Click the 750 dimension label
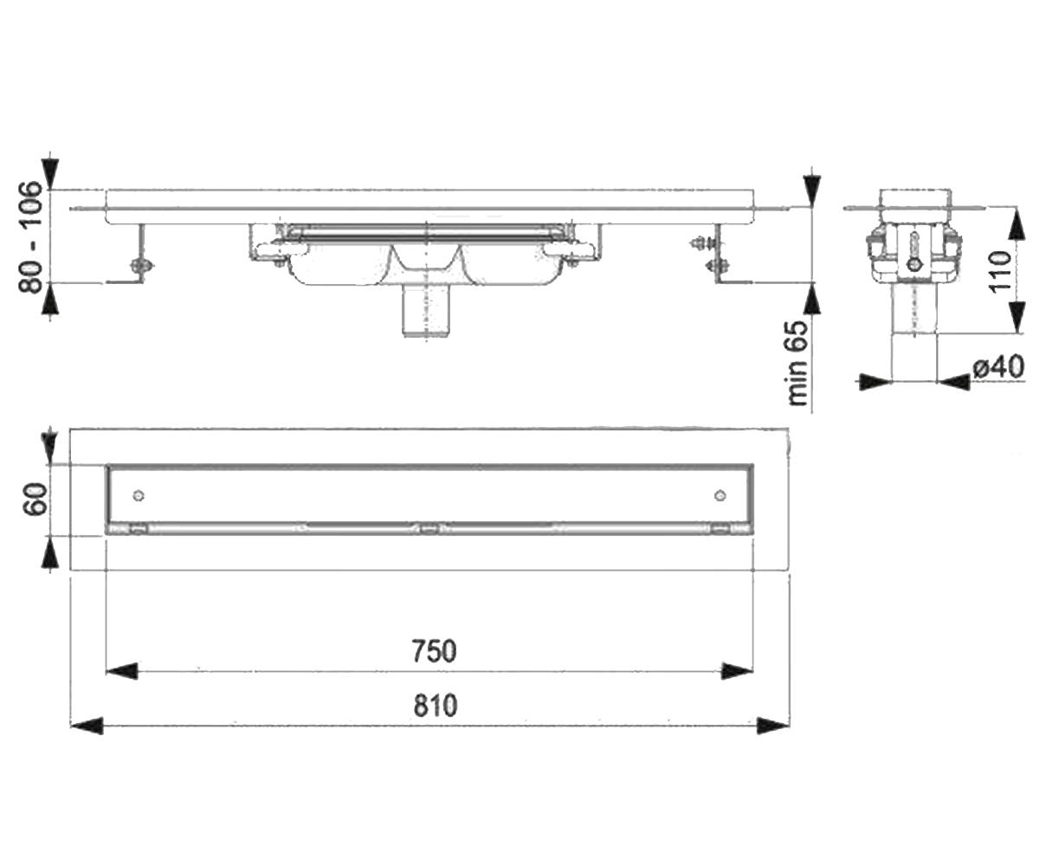434,651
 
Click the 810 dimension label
435,706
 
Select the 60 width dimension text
35,499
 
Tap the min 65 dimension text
798,363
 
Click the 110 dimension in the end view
1000,272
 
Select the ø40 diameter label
998,367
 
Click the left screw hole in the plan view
139,495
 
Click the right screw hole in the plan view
720,495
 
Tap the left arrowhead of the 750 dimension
121,671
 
